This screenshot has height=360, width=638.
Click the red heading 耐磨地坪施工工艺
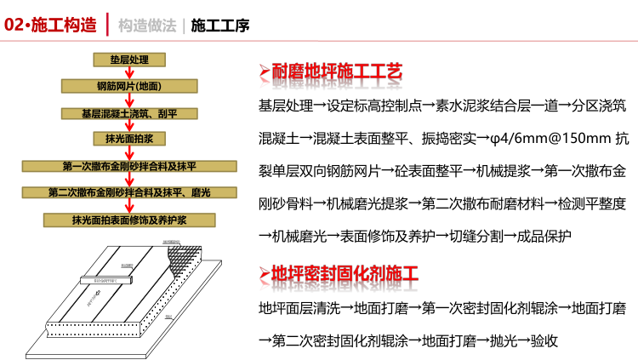pyautogui.click(x=336, y=71)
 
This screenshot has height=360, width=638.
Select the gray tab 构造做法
pyautogui.click(x=148, y=26)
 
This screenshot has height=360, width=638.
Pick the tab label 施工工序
pyautogui.click(x=220, y=26)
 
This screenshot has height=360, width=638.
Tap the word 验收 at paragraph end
pyautogui.click(x=541, y=340)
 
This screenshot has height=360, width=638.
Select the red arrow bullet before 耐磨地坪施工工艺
pyautogui.click(x=264, y=71)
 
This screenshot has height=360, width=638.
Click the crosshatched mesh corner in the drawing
pyautogui.click(x=188, y=260)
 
